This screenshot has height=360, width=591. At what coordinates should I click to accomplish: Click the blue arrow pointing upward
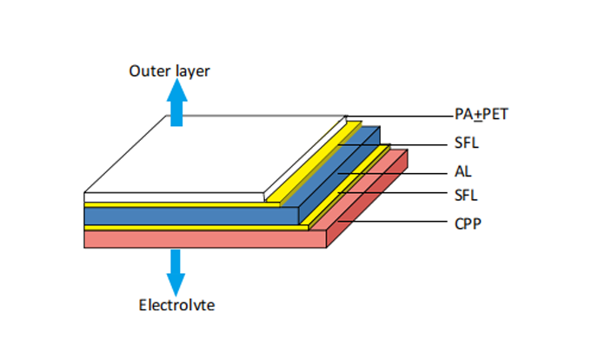pyautogui.click(x=176, y=104)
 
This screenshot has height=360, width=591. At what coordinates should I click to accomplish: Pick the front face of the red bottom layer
pyautogui.click(x=204, y=239)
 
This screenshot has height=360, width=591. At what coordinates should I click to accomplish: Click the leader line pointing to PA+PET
pyautogui.click(x=400, y=115)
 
